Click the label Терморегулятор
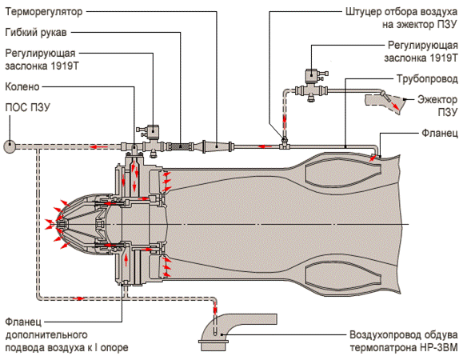tap(44, 12)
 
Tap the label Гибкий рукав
tap(36, 32)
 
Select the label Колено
tap(22, 87)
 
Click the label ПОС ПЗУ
tap(28, 107)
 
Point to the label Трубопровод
tap(427, 79)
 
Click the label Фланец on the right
tap(439, 133)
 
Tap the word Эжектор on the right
tap(437, 100)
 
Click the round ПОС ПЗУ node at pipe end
tap(10, 146)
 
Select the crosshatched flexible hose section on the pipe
tap(180, 146)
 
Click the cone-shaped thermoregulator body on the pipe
tap(217, 146)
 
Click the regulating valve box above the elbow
tap(153, 132)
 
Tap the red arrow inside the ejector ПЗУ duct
tap(395, 106)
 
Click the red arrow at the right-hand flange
tap(373, 158)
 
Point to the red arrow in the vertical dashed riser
tap(285, 122)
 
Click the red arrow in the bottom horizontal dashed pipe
tap(78, 298)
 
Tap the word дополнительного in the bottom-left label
tap(46, 335)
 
